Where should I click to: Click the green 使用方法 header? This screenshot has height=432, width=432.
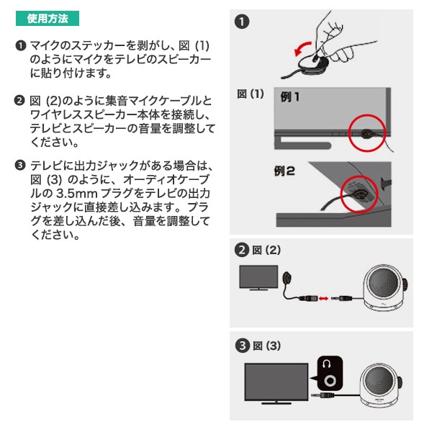point(48,18)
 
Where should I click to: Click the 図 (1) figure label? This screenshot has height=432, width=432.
point(251,94)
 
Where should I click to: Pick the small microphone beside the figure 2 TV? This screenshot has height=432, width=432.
point(288,276)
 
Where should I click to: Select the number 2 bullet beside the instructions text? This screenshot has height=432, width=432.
point(20,99)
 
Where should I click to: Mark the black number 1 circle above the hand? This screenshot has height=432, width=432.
point(243,22)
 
